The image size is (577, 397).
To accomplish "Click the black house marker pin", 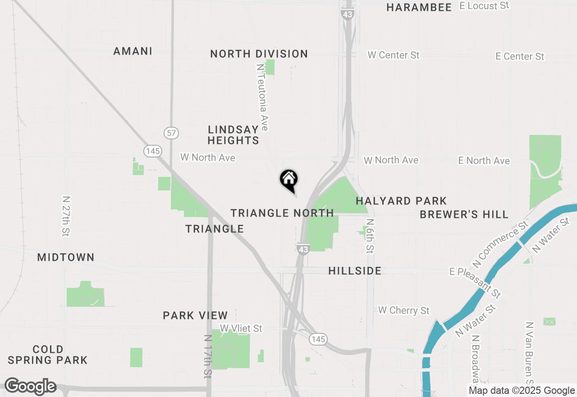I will click(x=289, y=180).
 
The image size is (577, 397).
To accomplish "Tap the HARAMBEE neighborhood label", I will click(x=419, y=7).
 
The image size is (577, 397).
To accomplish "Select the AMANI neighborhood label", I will click(x=133, y=51).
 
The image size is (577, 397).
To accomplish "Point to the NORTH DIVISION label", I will click(x=259, y=54).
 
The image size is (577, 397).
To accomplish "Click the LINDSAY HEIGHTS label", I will click(x=234, y=135).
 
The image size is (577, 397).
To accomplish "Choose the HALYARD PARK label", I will click(x=401, y=201).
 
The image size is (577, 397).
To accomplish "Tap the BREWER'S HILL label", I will click(x=464, y=214).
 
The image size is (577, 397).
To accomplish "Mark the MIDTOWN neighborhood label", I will click(x=66, y=257).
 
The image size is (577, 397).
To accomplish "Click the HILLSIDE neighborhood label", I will click(x=355, y=271).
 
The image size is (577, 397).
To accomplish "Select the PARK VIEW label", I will click(x=195, y=315).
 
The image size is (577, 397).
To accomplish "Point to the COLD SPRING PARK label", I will click(x=47, y=355).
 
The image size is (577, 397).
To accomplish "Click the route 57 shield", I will click(x=171, y=133).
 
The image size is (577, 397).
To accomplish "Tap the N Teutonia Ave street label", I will click(x=262, y=97).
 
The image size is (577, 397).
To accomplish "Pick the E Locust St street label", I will click(x=484, y=6).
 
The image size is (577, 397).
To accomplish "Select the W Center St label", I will click(x=393, y=55).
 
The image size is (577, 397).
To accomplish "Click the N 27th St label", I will click(x=67, y=216).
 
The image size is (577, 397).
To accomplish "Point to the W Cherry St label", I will click(x=403, y=310).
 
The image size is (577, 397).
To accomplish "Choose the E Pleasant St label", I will click(x=475, y=282).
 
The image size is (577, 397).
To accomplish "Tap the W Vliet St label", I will click(x=241, y=328).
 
